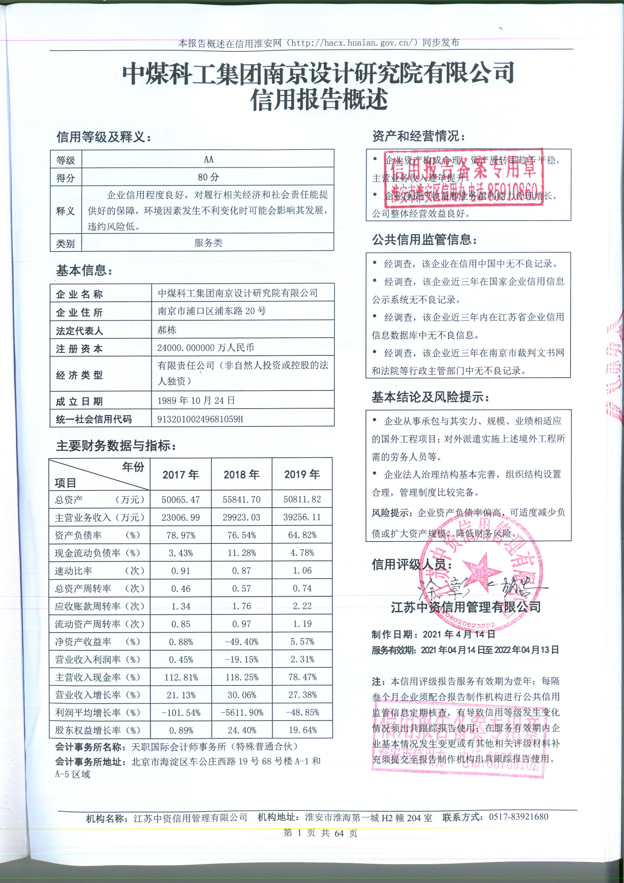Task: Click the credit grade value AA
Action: click(208, 159)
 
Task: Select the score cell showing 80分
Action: click(208, 177)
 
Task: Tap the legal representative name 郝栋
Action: click(167, 330)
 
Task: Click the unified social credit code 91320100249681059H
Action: click(200, 419)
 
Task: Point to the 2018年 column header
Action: click(242, 475)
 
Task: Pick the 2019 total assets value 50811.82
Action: click(302, 500)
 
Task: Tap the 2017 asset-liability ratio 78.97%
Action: click(180, 535)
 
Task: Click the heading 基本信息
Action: click(84, 271)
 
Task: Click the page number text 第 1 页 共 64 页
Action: click(320, 841)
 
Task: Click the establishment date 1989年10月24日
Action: click(196, 401)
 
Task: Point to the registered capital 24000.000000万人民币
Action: click(206, 348)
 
